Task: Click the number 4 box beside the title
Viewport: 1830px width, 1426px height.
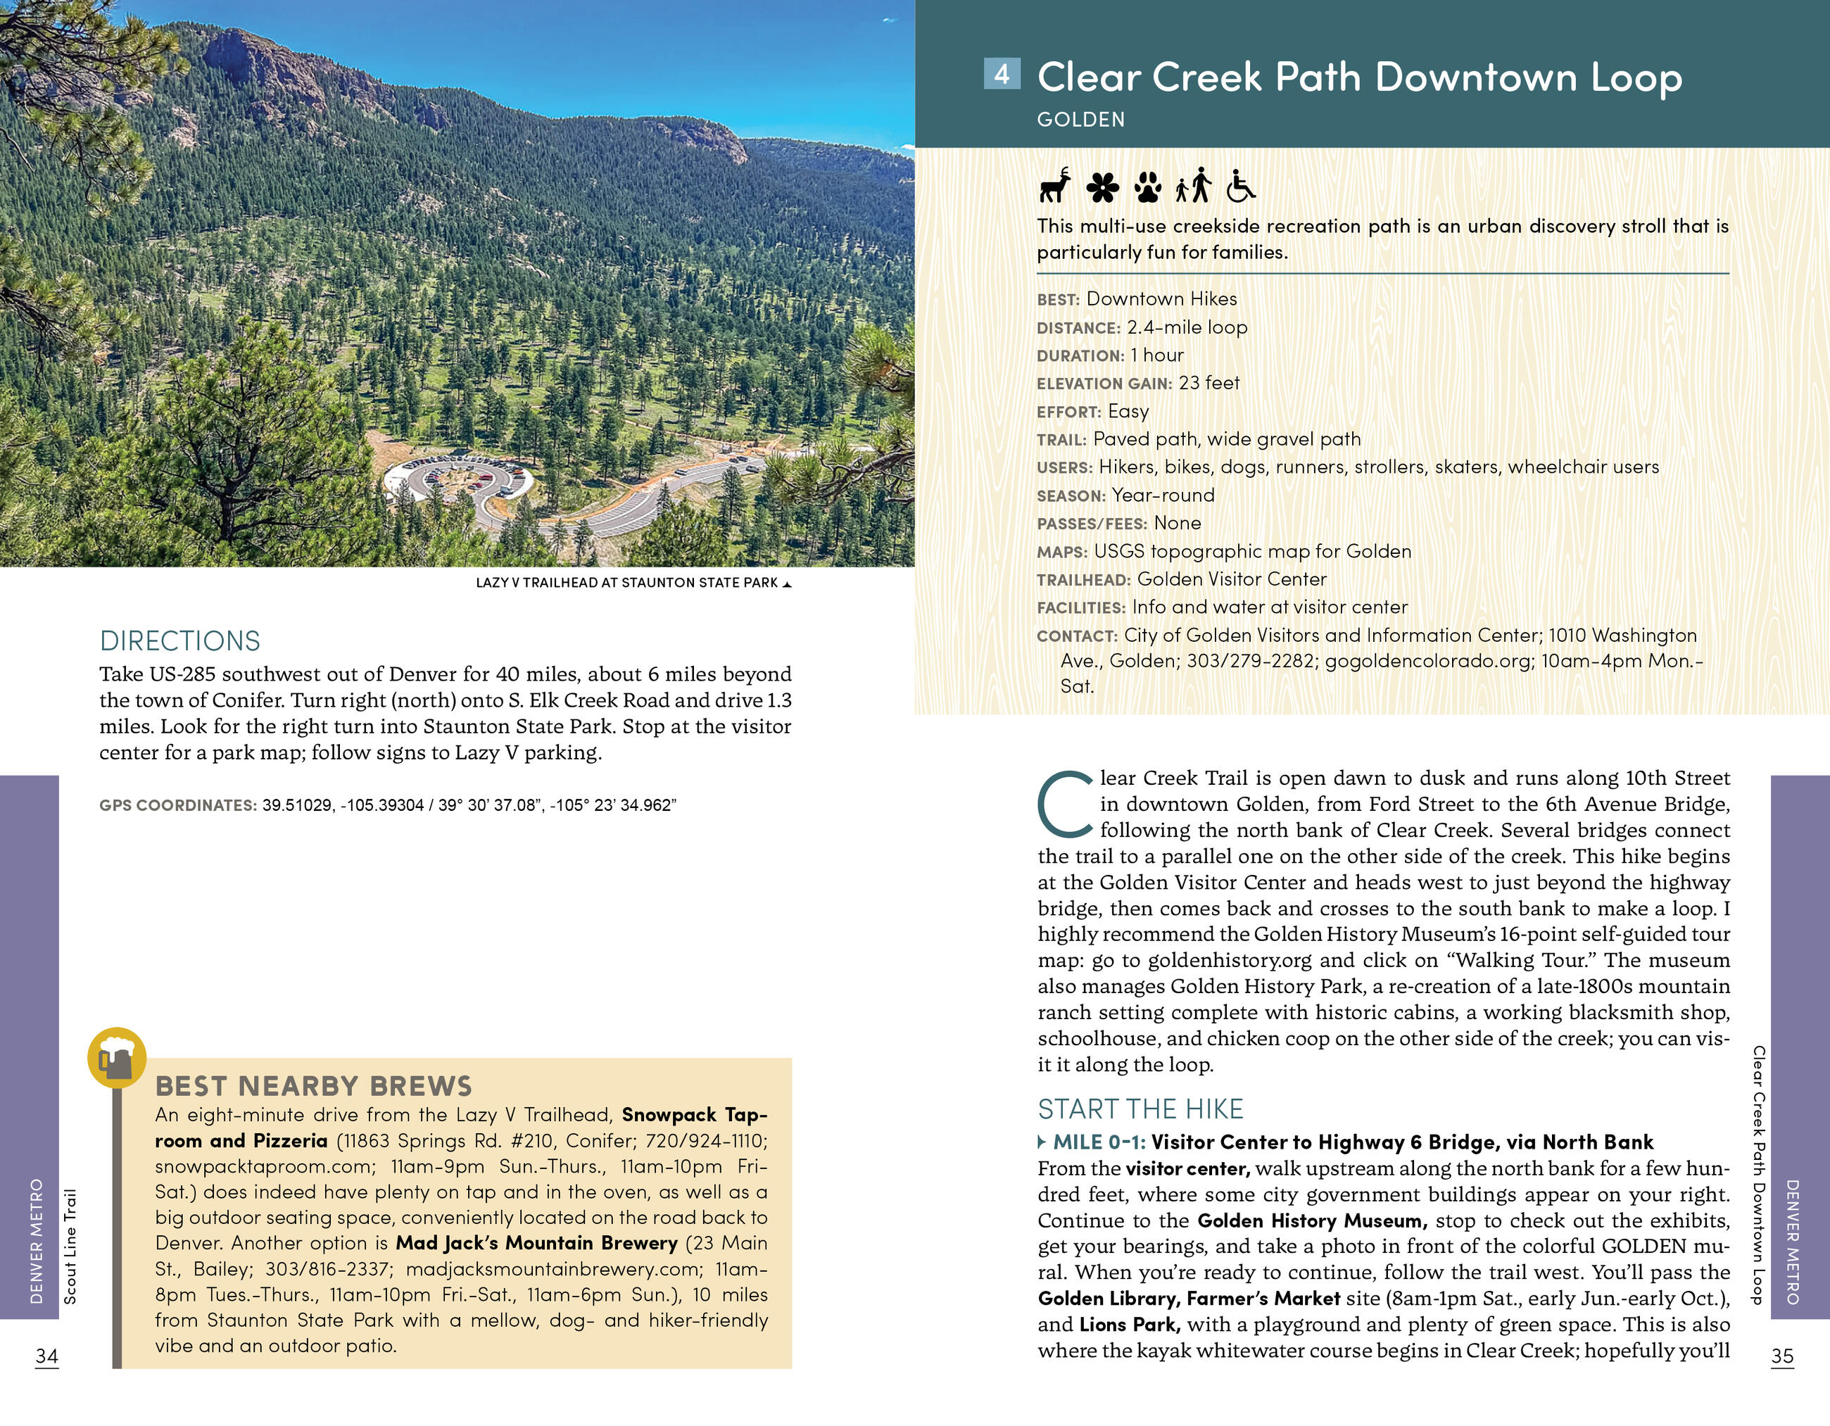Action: (1002, 74)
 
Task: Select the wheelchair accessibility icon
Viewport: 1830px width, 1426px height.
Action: (1240, 187)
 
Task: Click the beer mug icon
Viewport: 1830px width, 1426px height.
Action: (116, 1058)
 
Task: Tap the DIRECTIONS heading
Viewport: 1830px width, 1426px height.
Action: (179, 641)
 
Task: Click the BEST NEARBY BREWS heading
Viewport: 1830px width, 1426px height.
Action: (313, 1086)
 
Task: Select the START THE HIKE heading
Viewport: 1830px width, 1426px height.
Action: (1140, 1109)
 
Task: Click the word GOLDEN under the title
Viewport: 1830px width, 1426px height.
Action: (1080, 120)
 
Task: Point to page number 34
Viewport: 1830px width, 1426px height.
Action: (47, 1356)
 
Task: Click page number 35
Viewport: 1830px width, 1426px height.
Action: (1782, 1356)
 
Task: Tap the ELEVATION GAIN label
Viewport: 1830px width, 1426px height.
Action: (1104, 384)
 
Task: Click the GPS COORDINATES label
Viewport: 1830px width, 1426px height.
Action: (177, 806)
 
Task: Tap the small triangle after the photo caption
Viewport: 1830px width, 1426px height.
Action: (786, 584)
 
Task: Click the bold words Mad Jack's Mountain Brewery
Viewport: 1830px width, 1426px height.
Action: (536, 1242)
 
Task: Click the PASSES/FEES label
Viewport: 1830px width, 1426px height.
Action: (1091, 524)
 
